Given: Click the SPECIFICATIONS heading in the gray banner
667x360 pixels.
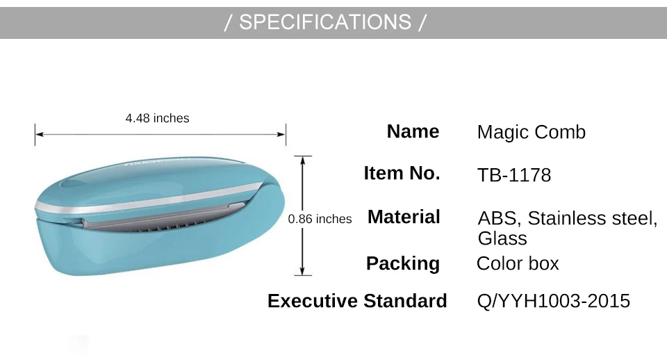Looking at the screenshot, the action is point(325,22).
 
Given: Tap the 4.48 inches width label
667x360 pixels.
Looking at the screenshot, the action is point(158,118).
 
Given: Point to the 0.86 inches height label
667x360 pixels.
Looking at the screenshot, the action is point(320,219).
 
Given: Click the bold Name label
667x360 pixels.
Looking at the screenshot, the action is point(413,131).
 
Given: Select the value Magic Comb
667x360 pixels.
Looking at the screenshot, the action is point(532,132).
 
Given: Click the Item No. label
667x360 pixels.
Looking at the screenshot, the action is point(402,173).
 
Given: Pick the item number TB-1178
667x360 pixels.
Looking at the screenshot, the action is point(514,175).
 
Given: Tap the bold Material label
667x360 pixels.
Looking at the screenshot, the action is point(403,217).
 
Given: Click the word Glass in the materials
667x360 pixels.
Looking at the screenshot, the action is point(502,238).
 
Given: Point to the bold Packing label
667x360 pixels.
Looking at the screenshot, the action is point(403,263).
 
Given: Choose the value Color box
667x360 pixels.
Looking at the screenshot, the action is point(518,263).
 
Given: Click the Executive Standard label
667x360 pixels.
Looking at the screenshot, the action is point(357,301).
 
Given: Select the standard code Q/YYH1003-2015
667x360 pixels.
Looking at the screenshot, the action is point(554,301).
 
